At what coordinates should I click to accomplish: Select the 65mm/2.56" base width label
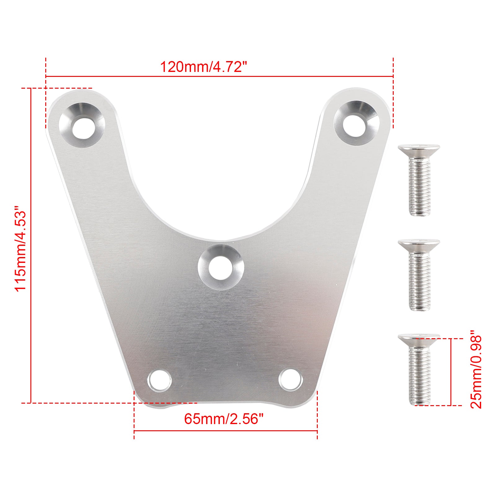pos(224,419)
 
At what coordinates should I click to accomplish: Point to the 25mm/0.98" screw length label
pos(476,372)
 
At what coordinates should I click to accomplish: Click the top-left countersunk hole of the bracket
pos(82,125)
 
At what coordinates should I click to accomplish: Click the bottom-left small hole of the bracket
pos(160,380)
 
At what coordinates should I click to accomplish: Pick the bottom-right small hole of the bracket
pos(290,379)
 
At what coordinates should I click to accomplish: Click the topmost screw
pos(419,180)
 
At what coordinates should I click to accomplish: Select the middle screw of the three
pos(419,275)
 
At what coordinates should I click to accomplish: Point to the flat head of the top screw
pos(419,150)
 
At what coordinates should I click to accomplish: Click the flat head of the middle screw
pos(419,244)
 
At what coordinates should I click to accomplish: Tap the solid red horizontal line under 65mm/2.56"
pos(225,431)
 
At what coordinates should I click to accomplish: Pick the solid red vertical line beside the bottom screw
pos(451,372)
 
